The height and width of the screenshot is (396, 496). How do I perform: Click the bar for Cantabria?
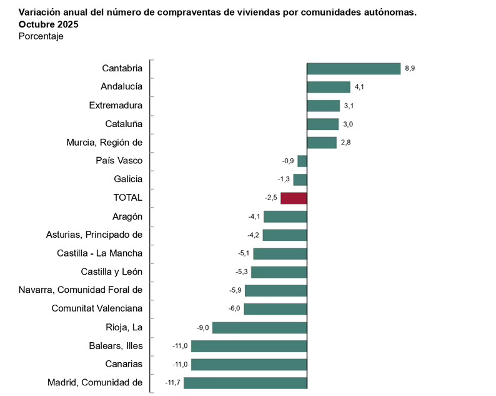[354, 69]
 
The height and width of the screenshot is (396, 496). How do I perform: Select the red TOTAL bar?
[294, 198]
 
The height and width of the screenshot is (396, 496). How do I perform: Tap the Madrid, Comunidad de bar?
[246, 383]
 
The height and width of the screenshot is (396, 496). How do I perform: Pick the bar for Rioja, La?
[260, 328]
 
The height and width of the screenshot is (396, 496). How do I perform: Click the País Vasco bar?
[302, 161]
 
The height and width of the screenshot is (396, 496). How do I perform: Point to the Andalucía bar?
[329, 87]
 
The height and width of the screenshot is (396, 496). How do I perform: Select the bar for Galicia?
[300, 180]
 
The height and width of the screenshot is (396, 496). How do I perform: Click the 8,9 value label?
[410, 68]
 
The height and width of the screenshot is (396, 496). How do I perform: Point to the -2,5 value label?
[270, 198]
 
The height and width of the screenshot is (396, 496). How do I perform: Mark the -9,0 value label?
[202, 327]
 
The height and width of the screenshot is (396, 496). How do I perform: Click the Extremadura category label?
[116, 105]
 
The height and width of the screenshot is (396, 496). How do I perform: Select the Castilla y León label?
[112, 272]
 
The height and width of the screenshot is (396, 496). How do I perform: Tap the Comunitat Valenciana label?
[97, 308]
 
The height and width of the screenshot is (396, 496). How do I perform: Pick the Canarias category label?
[124, 364]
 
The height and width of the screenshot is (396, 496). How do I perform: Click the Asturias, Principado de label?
[94, 235]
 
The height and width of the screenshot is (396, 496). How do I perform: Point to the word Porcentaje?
[41, 36]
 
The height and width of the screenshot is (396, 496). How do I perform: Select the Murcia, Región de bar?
[322, 143]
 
